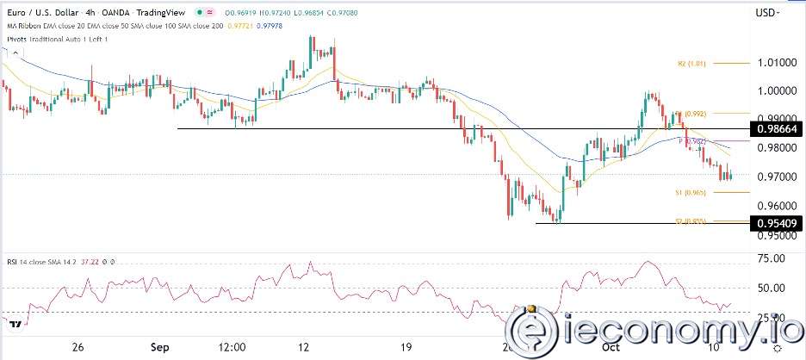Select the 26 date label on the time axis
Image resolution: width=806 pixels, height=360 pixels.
[77, 348]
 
